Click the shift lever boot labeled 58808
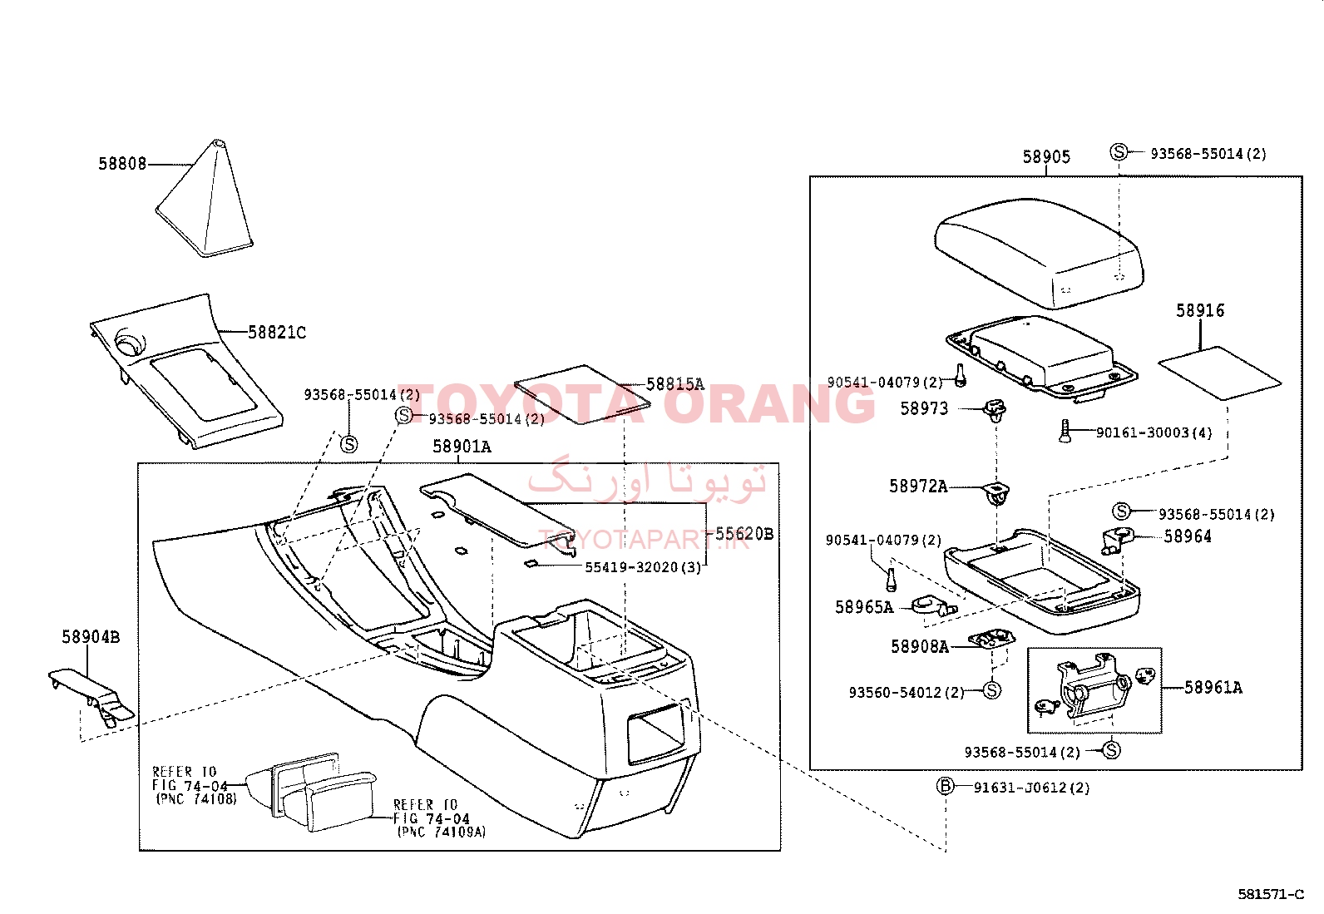[x=205, y=201]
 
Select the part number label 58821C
[x=277, y=333]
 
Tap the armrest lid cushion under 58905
[x=1039, y=253]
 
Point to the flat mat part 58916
[x=1220, y=373]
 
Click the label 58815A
[x=675, y=384]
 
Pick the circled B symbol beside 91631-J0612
[x=946, y=786]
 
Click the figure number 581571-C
[x=1271, y=894]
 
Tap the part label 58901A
[x=462, y=447]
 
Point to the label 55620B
[x=744, y=534]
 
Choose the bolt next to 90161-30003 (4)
[x=1065, y=431]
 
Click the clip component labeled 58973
[x=994, y=410]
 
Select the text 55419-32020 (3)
[x=643, y=567]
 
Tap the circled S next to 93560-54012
[x=992, y=690]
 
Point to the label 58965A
[x=864, y=607]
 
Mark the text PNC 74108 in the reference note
[x=197, y=798]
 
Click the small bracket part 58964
[x=1117, y=540]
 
